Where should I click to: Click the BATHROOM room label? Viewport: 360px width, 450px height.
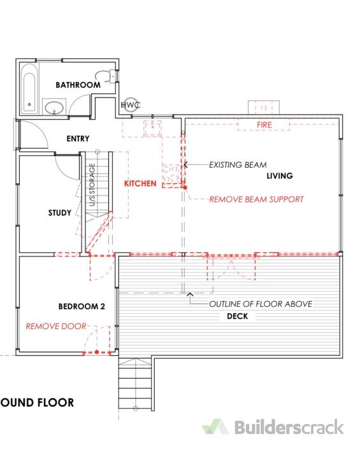pyautogui.click(x=78, y=85)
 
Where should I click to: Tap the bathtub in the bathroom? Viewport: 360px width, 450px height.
pyautogui.click(x=29, y=88)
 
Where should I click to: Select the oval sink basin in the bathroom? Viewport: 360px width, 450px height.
pyautogui.click(x=54, y=107)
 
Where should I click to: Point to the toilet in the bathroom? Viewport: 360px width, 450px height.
pyautogui.click(x=107, y=75)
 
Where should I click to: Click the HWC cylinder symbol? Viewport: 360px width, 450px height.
pyautogui.click(x=130, y=105)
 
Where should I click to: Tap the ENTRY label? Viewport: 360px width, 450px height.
pyautogui.click(x=78, y=139)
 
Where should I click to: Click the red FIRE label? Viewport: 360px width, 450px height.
pyautogui.click(x=264, y=125)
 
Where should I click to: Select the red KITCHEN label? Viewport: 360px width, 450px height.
pyautogui.click(x=140, y=184)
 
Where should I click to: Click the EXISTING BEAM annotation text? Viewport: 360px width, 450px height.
pyautogui.click(x=238, y=165)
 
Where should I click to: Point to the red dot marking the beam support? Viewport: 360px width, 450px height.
pyautogui.click(x=185, y=188)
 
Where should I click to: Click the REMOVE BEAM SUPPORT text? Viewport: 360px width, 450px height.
pyautogui.click(x=256, y=199)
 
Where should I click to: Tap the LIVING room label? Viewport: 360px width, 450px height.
pyautogui.click(x=280, y=176)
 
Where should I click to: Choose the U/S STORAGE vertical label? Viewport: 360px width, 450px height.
pyautogui.click(x=92, y=185)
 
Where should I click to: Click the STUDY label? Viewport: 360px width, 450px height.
pyautogui.click(x=60, y=213)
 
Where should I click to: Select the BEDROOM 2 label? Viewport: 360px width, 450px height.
pyautogui.click(x=82, y=307)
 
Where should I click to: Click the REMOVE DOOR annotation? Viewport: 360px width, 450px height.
pyautogui.click(x=56, y=327)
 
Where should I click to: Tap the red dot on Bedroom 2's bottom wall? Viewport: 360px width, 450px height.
pyautogui.click(x=97, y=352)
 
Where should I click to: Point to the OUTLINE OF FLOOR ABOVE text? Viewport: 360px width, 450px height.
pyautogui.click(x=261, y=304)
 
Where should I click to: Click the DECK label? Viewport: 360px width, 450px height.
pyautogui.click(x=237, y=316)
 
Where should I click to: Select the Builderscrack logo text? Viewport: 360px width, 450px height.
pyautogui.click(x=289, y=427)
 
